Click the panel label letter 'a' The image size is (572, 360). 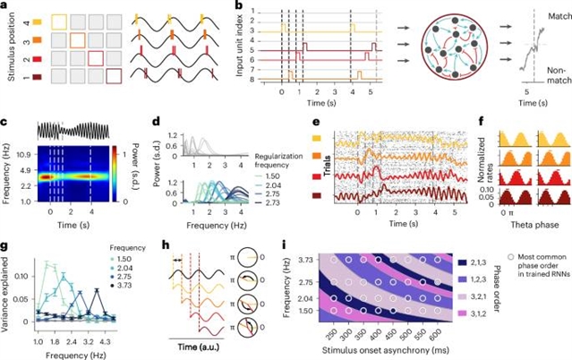(5, 7)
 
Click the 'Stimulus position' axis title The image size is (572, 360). (7, 50)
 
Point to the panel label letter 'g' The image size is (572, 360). (5, 242)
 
